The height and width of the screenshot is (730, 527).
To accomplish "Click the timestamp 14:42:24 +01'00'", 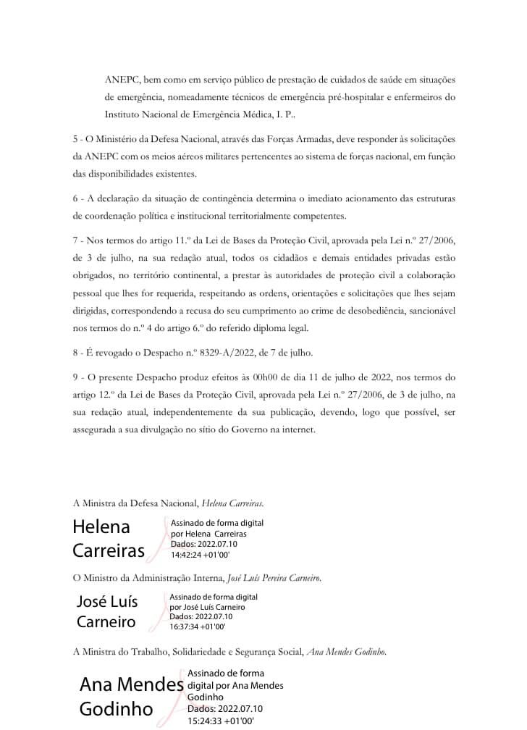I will click(x=201, y=556).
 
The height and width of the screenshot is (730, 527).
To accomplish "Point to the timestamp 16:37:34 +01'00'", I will click(x=198, y=626).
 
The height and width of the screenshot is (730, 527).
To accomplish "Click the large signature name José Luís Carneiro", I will click(x=107, y=611).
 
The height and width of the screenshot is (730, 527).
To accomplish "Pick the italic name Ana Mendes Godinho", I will click(x=347, y=652).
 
